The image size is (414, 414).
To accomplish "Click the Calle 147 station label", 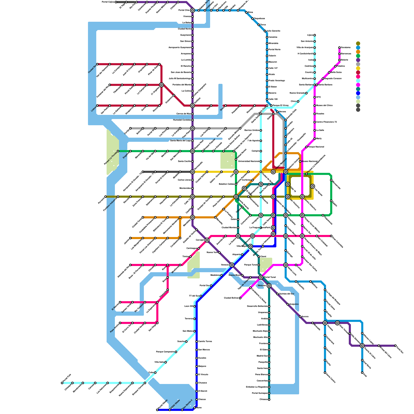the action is pyautogui.click(x=273, y=68).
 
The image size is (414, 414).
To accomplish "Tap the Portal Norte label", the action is pyautogui.click(x=275, y=49).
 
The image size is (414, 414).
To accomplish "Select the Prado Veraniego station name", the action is pyautogui.click(x=277, y=80).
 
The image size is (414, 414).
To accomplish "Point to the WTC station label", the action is pyautogui.click(x=319, y=97).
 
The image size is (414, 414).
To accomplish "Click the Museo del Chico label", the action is pyautogui.click(x=324, y=105).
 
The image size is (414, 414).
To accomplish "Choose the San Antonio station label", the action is pyautogui.click(x=307, y=41).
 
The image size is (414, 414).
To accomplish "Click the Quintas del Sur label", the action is pyautogui.click(x=287, y=294).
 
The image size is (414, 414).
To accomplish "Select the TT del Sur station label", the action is pyautogui.click(x=194, y=296).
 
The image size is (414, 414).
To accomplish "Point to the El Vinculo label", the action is pyautogui.click(x=203, y=374).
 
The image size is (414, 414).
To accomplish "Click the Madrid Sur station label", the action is pyautogui.click(x=262, y=356).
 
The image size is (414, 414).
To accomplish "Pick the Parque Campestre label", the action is pyautogui.click(x=165, y=352).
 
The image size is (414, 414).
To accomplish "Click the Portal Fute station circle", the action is pyautogui.click(x=62, y=383).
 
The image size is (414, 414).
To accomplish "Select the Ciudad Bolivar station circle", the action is pyautogui.click(x=240, y=298).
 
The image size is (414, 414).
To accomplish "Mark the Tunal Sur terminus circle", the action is pyautogui.click(x=395, y=346).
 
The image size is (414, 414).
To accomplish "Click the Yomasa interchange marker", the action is pyautogui.click(x=325, y=323).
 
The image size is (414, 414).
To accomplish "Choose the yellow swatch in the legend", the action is pyautogui.click(x=358, y=68).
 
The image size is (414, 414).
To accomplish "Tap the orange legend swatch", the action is pyautogui.click(x=358, y=52).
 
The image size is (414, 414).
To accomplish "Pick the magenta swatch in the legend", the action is pyautogui.click(x=358, y=85).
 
